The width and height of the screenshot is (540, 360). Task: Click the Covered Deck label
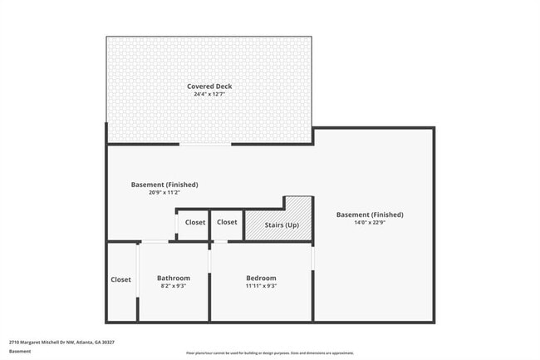point(209,86)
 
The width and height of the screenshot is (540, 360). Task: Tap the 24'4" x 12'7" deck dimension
point(209,94)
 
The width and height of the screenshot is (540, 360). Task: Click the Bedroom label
point(261,278)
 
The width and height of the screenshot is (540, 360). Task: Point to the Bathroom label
point(174,278)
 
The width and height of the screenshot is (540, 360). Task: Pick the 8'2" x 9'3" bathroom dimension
point(174,286)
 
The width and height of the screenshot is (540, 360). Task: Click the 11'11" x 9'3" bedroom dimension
point(261,286)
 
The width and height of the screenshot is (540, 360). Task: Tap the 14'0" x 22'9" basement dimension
point(370,223)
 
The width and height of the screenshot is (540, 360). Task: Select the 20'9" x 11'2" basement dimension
point(164,192)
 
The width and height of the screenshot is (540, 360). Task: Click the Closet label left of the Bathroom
point(121,279)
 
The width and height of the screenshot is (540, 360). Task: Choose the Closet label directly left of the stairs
point(227,222)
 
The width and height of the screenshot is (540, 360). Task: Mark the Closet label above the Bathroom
point(195,222)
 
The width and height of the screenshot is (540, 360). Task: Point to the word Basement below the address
point(20,351)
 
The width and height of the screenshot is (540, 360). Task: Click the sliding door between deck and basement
point(205,145)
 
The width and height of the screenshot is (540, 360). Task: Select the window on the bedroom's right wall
point(313,259)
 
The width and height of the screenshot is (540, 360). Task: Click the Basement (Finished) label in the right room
point(370,215)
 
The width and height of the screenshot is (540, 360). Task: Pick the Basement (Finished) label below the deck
point(164,184)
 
